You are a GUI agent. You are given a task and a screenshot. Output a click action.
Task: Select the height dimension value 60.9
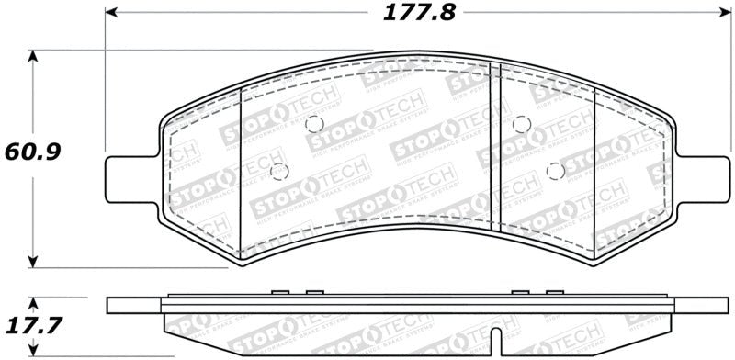[32, 150]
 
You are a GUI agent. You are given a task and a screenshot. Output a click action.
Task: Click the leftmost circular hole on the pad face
[280, 171]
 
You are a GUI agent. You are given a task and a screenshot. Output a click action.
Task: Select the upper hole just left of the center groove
[313, 124]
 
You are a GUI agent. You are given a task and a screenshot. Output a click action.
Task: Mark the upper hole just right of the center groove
[521, 124]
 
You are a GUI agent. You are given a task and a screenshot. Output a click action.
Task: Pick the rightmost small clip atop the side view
[553, 294]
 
